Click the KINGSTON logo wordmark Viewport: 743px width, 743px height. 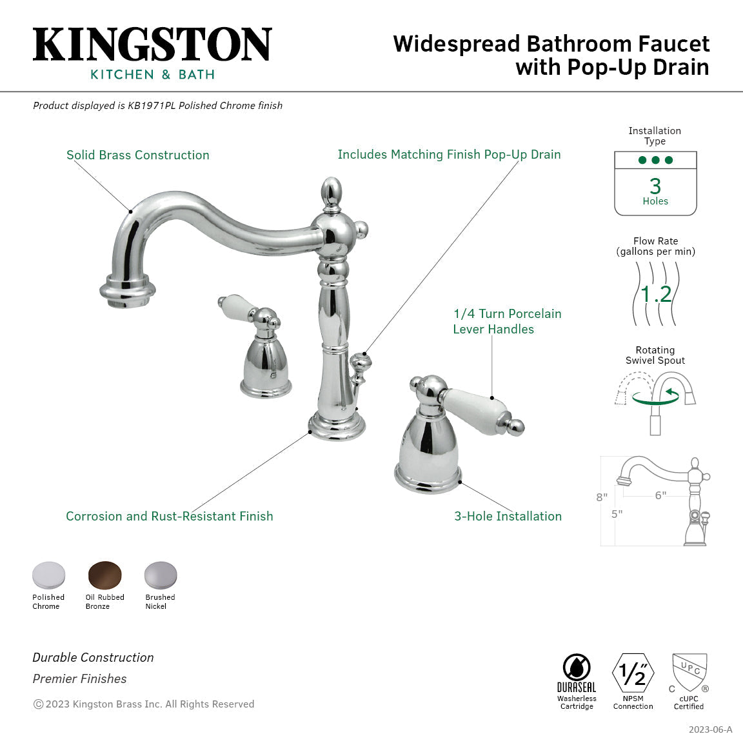(x=152, y=45)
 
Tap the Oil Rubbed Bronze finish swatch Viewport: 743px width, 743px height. (x=105, y=575)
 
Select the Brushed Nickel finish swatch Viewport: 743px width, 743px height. (x=160, y=575)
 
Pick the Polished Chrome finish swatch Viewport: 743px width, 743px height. (x=49, y=575)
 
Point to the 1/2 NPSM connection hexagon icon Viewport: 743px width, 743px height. (x=633, y=674)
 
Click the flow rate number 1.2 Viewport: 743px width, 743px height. (x=656, y=294)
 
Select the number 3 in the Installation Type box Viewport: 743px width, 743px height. (x=655, y=186)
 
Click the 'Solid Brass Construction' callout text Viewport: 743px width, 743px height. (x=138, y=155)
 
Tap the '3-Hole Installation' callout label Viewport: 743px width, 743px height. (x=508, y=516)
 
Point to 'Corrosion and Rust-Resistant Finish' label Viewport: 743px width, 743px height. (x=169, y=516)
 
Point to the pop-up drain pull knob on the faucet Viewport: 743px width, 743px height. (x=359, y=365)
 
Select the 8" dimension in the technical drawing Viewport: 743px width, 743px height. (x=602, y=497)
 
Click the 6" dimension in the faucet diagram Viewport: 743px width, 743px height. (x=660, y=495)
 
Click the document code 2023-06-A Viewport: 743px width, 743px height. (x=710, y=729)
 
